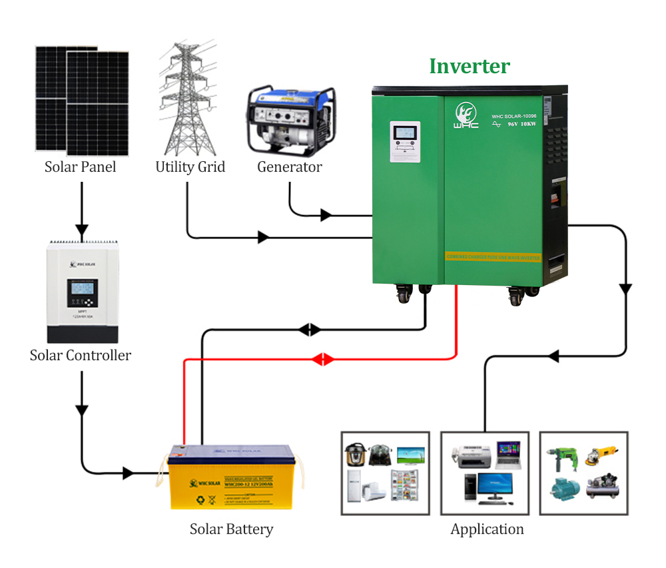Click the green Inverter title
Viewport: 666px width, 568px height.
470,66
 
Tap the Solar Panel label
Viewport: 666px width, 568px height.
80,166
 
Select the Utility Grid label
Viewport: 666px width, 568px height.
190,166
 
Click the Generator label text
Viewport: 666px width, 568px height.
290,166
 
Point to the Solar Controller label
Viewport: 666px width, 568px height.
81,355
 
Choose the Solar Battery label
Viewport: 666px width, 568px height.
231,529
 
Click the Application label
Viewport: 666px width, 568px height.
487,529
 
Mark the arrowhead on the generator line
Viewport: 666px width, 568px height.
326,215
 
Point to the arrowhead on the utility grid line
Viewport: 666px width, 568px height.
263,237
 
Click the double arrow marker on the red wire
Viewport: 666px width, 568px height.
323,360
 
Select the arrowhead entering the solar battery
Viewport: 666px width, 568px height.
128,473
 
